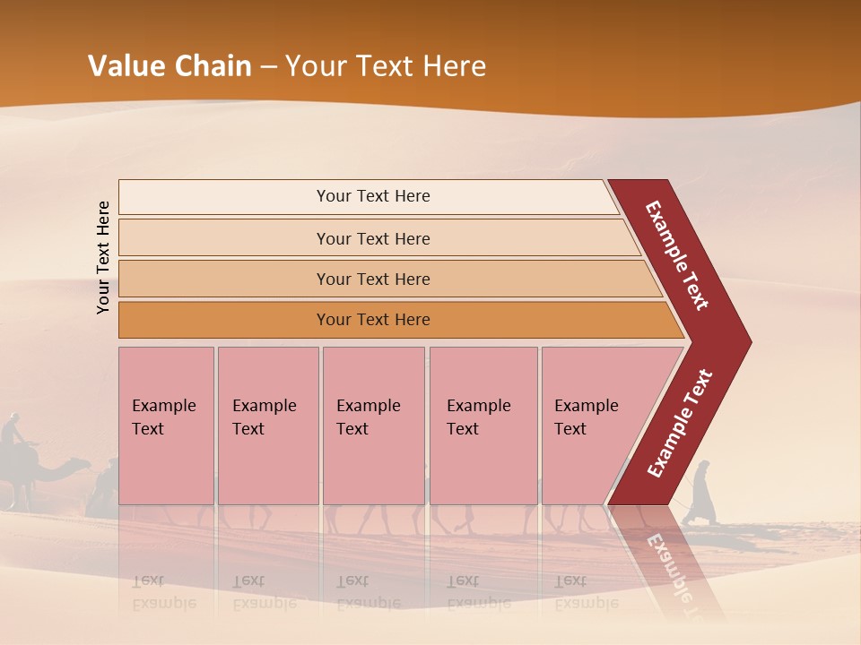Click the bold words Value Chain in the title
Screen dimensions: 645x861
pos(170,66)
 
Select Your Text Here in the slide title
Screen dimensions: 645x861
pos(386,66)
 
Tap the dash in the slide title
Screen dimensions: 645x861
pos(268,67)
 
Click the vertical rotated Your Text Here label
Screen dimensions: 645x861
pos(103,257)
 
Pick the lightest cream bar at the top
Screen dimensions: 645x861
pos(368,196)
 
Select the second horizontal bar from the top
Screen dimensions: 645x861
pos(372,238)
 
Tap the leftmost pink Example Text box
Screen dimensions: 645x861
pos(166,426)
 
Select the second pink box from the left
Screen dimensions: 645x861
pos(267,426)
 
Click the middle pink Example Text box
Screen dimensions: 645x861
pos(373,426)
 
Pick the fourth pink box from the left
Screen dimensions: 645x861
pos(483,426)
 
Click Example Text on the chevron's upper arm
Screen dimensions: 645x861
pos(677,255)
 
